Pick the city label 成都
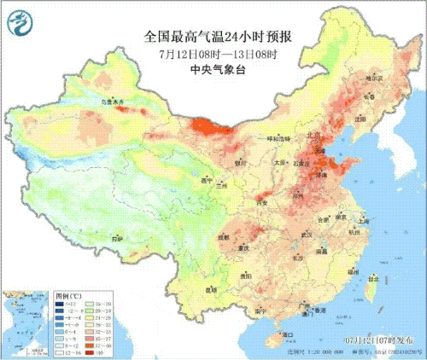coord(224,235)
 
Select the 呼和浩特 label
coord(278,137)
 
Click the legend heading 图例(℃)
coord(69,293)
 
